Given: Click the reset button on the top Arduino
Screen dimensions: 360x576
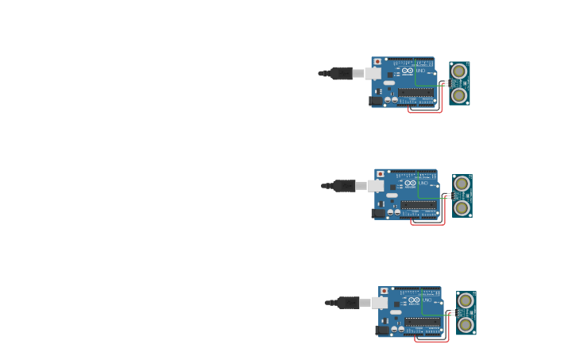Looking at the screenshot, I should click(x=377, y=61).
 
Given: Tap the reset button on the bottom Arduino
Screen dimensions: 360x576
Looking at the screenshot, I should click(x=385, y=292).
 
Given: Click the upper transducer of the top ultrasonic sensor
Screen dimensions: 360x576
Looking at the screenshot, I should click(x=459, y=72).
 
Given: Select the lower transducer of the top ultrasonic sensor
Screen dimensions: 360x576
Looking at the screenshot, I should click(x=459, y=95).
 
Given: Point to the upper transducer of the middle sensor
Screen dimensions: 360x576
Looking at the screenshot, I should click(x=462, y=184).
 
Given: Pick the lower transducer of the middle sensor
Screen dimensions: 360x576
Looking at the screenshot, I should click(x=462, y=207).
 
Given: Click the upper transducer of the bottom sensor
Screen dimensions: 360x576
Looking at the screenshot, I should click(x=466, y=300).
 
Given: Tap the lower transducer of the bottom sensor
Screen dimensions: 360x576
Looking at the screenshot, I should click(x=466, y=324).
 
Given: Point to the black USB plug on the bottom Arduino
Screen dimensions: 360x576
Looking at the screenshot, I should click(x=348, y=303).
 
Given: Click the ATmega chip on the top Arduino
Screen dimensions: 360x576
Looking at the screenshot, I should click(x=416, y=92).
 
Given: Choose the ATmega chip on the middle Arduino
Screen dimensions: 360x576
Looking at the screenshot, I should click(x=419, y=205).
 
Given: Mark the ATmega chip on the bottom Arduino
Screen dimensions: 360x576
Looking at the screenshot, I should click(x=422, y=322).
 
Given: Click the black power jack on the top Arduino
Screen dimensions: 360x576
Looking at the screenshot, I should click(x=376, y=101).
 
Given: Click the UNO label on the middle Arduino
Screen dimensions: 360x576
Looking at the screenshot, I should click(x=423, y=184).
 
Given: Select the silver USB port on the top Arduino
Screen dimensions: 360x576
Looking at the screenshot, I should click(x=372, y=73).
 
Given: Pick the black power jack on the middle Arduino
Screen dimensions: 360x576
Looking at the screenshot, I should click(x=379, y=213).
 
